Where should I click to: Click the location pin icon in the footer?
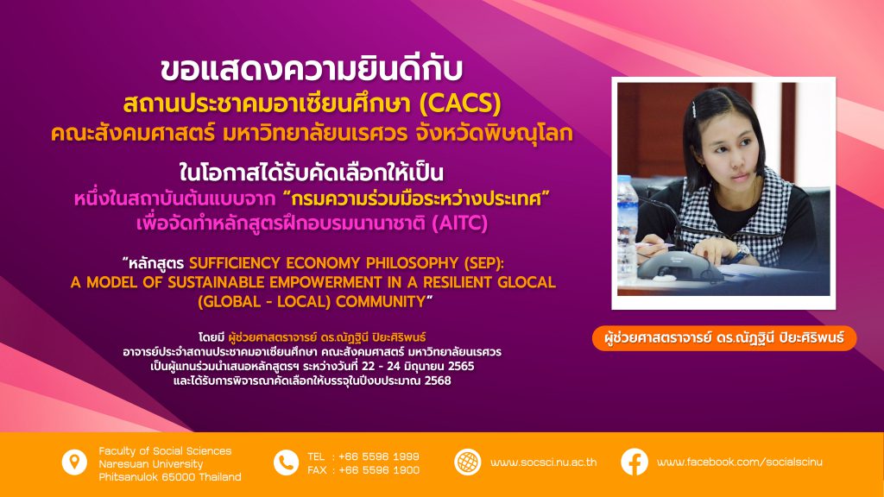tap(74, 462)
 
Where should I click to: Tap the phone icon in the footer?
tap(286, 462)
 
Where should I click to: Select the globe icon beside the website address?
tap(467, 462)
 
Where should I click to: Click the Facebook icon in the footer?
tap(635, 462)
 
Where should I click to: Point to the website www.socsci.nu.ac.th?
tap(544, 462)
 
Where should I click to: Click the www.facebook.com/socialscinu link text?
tap(740, 462)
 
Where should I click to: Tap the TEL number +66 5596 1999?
tap(379, 456)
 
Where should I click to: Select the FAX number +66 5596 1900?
tap(379, 470)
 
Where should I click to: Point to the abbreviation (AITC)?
tap(459, 223)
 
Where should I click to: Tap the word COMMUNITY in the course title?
tap(381, 301)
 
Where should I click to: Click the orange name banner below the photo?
tap(724, 338)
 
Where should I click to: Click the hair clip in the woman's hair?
tap(695, 108)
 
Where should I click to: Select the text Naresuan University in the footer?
tap(150, 463)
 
